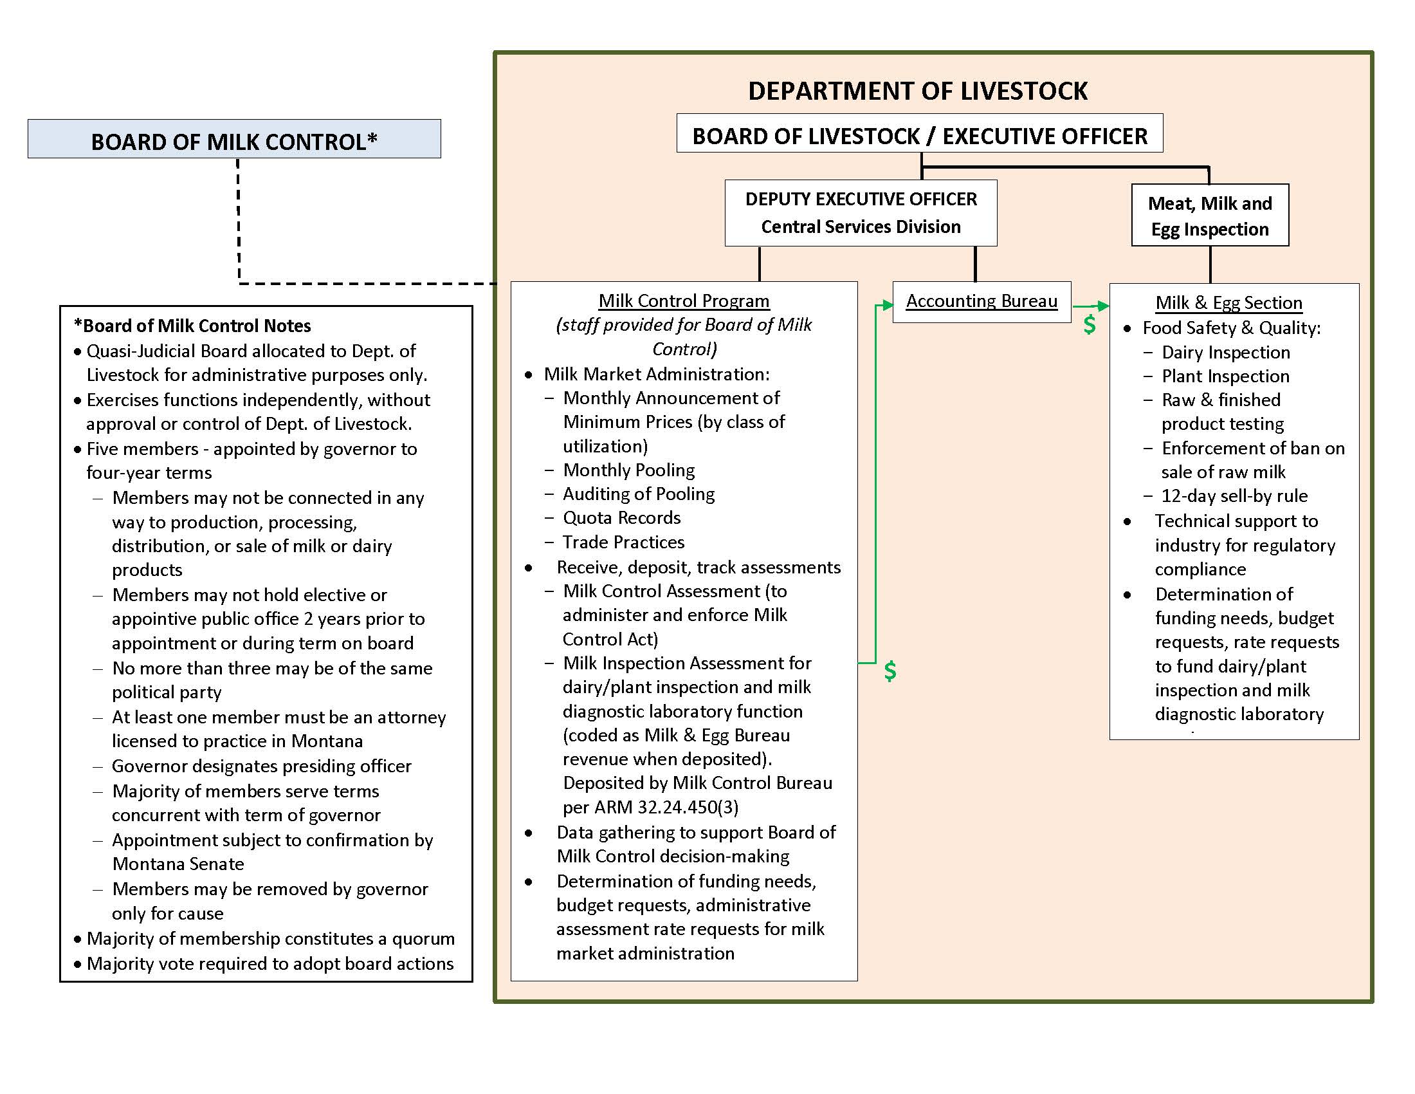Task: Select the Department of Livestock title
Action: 917,91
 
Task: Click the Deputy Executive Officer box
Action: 861,212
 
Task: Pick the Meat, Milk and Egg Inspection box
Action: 1210,216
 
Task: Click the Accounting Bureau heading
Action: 981,301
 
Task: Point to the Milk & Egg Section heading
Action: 1228,302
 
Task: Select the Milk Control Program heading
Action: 684,301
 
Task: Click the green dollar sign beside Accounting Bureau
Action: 1090,324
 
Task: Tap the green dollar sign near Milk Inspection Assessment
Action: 890,671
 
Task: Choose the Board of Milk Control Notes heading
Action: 192,326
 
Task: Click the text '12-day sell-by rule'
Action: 1234,496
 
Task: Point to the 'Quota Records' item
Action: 621,517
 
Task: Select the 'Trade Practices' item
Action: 623,542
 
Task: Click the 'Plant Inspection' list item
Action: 1225,376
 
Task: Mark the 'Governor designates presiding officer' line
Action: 261,766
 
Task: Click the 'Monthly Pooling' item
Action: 628,470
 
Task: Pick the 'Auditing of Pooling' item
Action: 638,494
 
